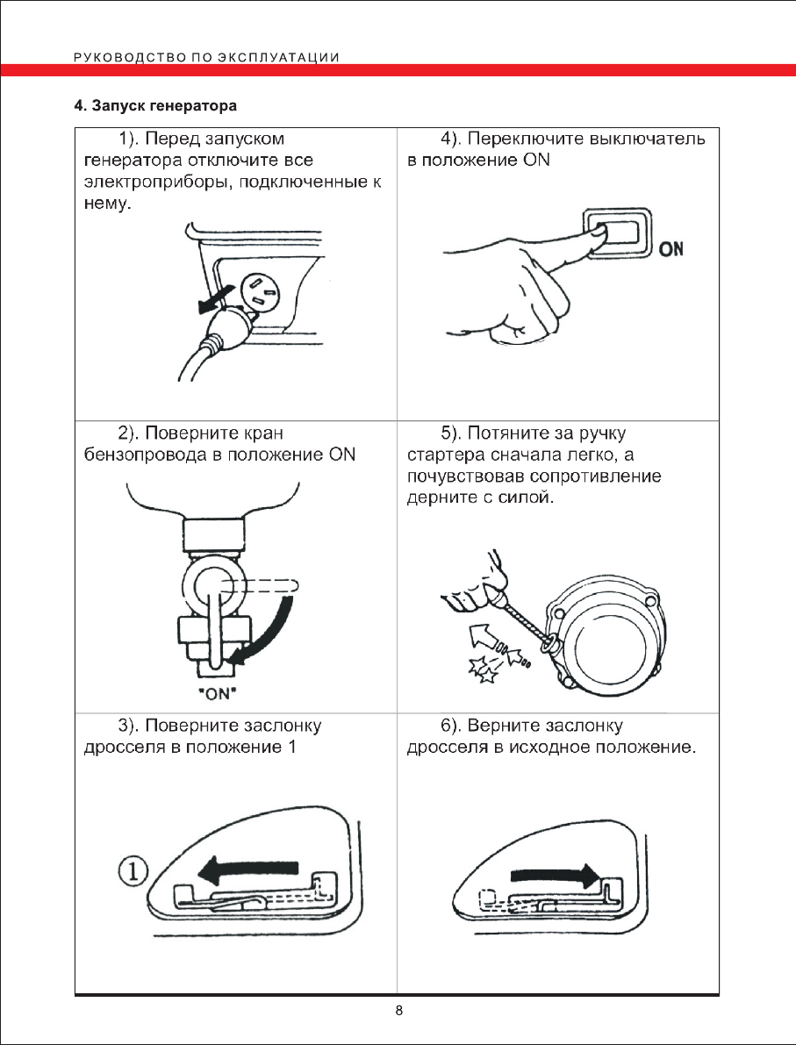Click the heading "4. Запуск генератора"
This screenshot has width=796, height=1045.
tap(155, 108)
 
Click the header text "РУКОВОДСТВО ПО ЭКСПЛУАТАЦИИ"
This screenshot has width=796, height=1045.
tap(207, 58)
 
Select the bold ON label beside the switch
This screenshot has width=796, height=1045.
tap(671, 250)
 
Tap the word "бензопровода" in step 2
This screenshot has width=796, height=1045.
tap(139, 455)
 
